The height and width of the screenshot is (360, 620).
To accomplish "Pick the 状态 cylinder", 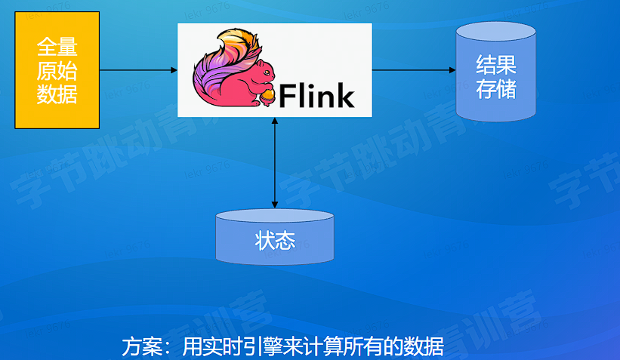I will [274, 238].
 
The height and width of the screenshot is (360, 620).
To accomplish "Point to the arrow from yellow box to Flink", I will [138, 70].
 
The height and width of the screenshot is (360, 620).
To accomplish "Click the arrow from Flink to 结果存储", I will [414, 70].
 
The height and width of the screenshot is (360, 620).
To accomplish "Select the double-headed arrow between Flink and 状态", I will [274, 162].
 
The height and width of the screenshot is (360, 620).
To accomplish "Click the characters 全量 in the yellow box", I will [57, 47].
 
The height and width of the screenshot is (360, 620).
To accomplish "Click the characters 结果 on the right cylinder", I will [495, 64].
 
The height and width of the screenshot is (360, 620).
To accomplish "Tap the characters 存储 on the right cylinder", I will [495, 88].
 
